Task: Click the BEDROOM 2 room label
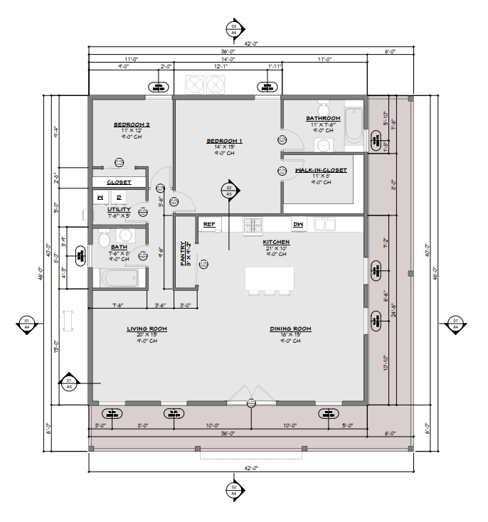point(132,124)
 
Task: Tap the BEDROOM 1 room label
point(225,141)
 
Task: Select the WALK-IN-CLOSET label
point(321,171)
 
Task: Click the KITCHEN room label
point(276,243)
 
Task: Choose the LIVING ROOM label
point(147,329)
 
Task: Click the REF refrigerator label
point(209,224)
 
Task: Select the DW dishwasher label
point(298,224)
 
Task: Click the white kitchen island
point(270,278)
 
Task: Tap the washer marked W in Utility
point(100,197)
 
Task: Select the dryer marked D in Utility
point(119,197)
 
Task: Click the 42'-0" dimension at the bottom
point(252,468)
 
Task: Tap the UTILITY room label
point(118,209)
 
